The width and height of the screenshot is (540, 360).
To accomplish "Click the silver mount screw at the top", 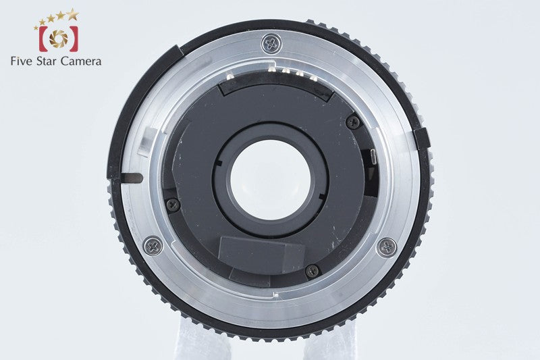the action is coord(272,44).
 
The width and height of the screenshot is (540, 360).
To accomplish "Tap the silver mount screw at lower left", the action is coord(154,246).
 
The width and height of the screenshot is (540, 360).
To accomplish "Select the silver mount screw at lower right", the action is coord(387,247).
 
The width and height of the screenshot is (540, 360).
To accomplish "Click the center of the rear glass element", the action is coord(271,179).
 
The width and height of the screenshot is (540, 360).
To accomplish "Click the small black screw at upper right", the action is coord(353,122).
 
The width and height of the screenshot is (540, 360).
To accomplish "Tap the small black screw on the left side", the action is coord(173,204).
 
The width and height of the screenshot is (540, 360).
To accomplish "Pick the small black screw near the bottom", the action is coord(313,271).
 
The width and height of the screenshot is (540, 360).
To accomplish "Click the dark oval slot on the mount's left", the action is coord(132,178).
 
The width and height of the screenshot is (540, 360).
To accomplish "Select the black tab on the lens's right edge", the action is coord(421,138).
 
